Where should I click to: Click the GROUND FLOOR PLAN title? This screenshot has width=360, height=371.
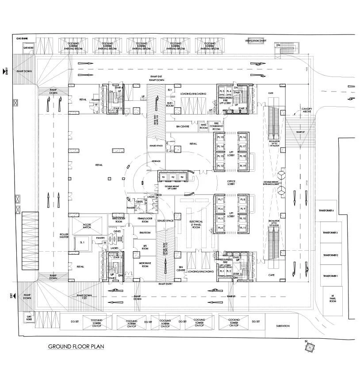click(76, 346)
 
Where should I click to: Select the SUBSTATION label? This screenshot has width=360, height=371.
click(282, 326)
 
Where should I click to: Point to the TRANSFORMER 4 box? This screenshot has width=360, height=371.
click(326, 210)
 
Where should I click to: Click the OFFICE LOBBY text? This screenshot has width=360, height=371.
click(231, 182)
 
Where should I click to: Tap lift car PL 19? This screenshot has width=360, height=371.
click(243, 165)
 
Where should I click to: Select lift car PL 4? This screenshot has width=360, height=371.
click(220, 228)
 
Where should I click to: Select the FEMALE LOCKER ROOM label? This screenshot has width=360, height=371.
click(144, 219)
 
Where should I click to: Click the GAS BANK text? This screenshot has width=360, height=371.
click(22, 39)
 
